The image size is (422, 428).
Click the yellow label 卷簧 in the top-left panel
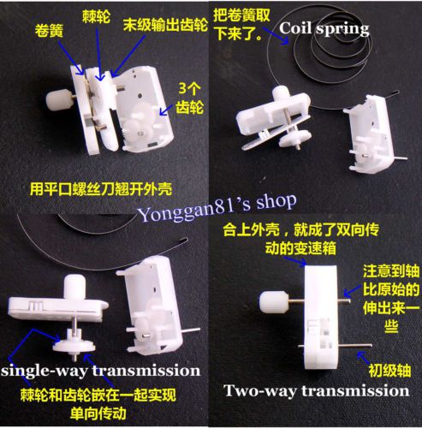point(49,31)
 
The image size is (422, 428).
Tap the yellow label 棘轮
point(96,16)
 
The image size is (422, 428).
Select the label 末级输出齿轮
point(165,25)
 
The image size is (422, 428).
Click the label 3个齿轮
point(189,98)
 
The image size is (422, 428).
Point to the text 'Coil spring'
point(324,29)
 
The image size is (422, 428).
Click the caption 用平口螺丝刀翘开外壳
point(101,188)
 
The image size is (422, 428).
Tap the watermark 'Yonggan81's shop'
point(217,207)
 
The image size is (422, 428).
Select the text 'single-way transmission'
point(100,371)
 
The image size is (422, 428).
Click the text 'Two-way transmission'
point(316,390)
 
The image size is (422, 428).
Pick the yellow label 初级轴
point(389,371)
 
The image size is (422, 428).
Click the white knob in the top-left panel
point(58,99)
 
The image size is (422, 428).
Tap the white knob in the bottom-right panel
point(272,302)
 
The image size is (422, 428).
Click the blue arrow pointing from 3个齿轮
point(166,110)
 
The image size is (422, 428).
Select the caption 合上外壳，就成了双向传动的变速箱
point(300,239)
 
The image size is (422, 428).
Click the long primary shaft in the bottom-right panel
point(335,346)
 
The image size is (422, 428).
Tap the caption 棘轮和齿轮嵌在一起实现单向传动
point(98,404)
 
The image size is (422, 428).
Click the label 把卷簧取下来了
point(241,25)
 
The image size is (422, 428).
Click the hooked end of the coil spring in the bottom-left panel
point(183,242)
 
